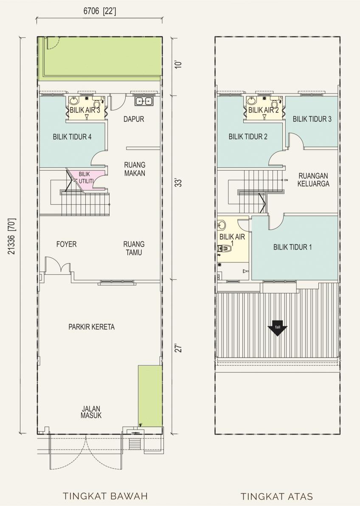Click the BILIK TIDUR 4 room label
72,137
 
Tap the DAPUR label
134,119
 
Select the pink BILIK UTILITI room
88,180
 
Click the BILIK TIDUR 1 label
292,247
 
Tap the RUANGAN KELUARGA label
313,180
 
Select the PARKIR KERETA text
91,327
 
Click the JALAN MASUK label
91,412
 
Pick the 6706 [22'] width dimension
100,11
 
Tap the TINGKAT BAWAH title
105,496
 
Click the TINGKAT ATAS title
277,496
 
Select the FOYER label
67,244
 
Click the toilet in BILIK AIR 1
225,248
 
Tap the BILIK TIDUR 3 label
312,119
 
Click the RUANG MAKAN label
135,169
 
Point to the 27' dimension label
179,349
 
